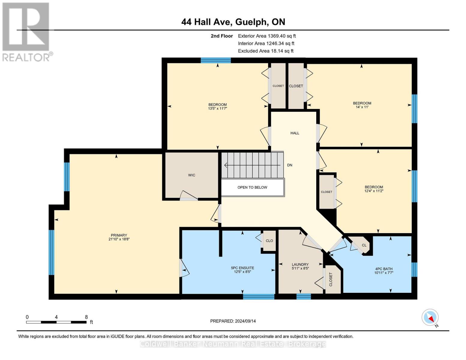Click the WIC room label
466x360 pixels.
191,175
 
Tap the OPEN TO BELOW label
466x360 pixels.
252,187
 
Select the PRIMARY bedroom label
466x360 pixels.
119,235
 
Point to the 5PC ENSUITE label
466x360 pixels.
242,268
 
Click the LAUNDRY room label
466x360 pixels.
300,265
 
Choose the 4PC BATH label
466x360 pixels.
384,269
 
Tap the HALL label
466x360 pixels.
295,133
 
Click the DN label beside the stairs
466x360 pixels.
290,165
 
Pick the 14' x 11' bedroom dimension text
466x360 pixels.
362,107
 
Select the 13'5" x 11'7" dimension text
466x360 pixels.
218,109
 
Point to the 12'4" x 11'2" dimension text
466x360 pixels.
374,191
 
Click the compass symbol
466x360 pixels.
430,317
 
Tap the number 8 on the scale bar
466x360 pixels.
86,317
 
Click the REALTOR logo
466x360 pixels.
27,32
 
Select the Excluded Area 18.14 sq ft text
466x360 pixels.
266,51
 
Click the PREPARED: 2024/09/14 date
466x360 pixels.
233,321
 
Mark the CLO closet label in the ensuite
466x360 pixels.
269,241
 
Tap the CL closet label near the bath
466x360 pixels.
364,245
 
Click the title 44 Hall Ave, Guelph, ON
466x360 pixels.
233,22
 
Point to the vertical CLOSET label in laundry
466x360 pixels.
331,279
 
